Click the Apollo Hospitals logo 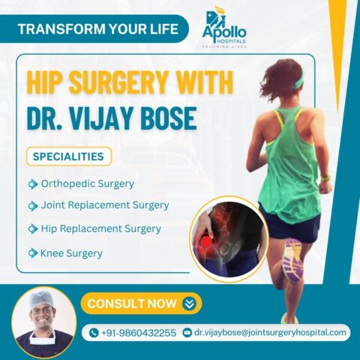pyautogui.click(x=224, y=27)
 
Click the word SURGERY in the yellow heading pyautogui.click(x=118, y=82)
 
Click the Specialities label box pyautogui.click(x=69, y=157)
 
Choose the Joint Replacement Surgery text pyautogui.click(x=105, y=205)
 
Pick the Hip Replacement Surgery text pyautogui.click(x=100, y=229)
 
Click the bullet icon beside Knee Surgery pyautogui.click(x=33, y=253)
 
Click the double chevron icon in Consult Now pyautogui.click(x=189, y=304)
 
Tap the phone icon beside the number pyautogui.click(x=94, y=332)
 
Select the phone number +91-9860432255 pyautogui.click(x=139, y=333)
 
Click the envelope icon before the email pyautogui.click(x=187, y=332)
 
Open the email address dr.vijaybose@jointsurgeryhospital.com pyautogui.click(x=270, y=333)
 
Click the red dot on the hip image pyautogui.click(x=206, y=242)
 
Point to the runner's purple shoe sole pyautogui.click(x=292, y=261)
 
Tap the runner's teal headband pyautogui.click(x=299, y=78)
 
